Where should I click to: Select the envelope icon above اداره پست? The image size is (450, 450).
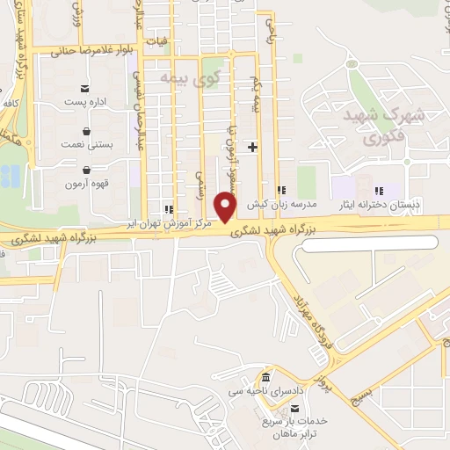coord(85,89)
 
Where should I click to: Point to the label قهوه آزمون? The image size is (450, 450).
coord(87,184)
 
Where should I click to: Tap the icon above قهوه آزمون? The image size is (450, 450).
coord(86,171)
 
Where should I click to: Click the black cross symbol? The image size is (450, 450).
coord(253,146)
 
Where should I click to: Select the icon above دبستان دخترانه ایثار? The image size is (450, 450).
coord(379,191)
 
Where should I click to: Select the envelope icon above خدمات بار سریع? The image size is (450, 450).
coord(295,408)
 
